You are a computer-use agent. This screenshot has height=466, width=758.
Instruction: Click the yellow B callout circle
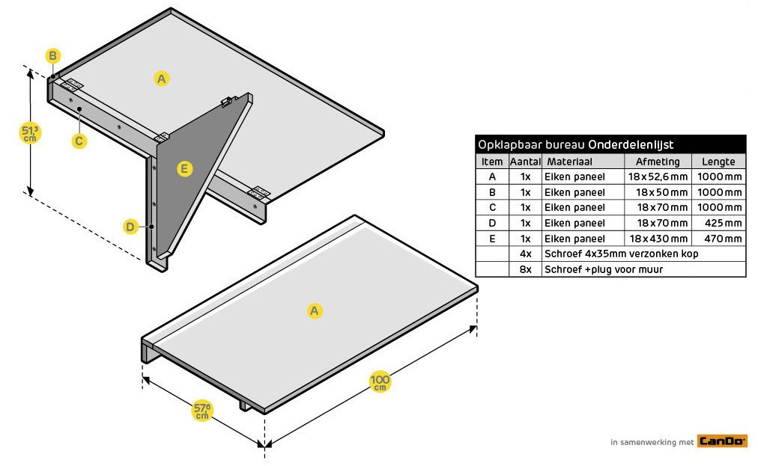[52, 56]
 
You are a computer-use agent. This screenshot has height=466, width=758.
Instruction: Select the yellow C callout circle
[79, 140]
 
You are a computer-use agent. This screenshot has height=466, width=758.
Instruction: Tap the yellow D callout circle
[130, 226]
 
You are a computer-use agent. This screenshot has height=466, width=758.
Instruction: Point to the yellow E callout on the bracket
[185, 169]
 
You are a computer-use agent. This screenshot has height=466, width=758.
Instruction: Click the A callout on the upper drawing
[162, 78]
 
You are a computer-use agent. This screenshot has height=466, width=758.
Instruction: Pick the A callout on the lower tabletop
[315, 310]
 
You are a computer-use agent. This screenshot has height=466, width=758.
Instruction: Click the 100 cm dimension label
[380, 382]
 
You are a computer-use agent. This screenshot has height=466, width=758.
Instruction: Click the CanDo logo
[722, 441]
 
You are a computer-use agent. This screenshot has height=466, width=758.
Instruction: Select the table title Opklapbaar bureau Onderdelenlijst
[575, 144]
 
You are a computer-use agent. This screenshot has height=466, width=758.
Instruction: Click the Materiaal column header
[569, 162]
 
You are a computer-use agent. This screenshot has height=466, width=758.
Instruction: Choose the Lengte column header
[718, 162]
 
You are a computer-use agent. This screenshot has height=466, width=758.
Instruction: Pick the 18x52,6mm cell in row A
[658, 177]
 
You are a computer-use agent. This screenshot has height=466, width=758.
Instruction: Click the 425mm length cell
[718, 223]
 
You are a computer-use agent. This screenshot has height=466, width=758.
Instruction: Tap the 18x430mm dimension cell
[658, 239]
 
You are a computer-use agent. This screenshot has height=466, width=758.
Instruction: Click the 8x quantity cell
[525, 269]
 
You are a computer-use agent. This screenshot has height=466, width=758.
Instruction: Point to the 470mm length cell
[718, 239]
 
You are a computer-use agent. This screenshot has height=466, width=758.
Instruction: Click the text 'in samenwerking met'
[652, 442]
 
